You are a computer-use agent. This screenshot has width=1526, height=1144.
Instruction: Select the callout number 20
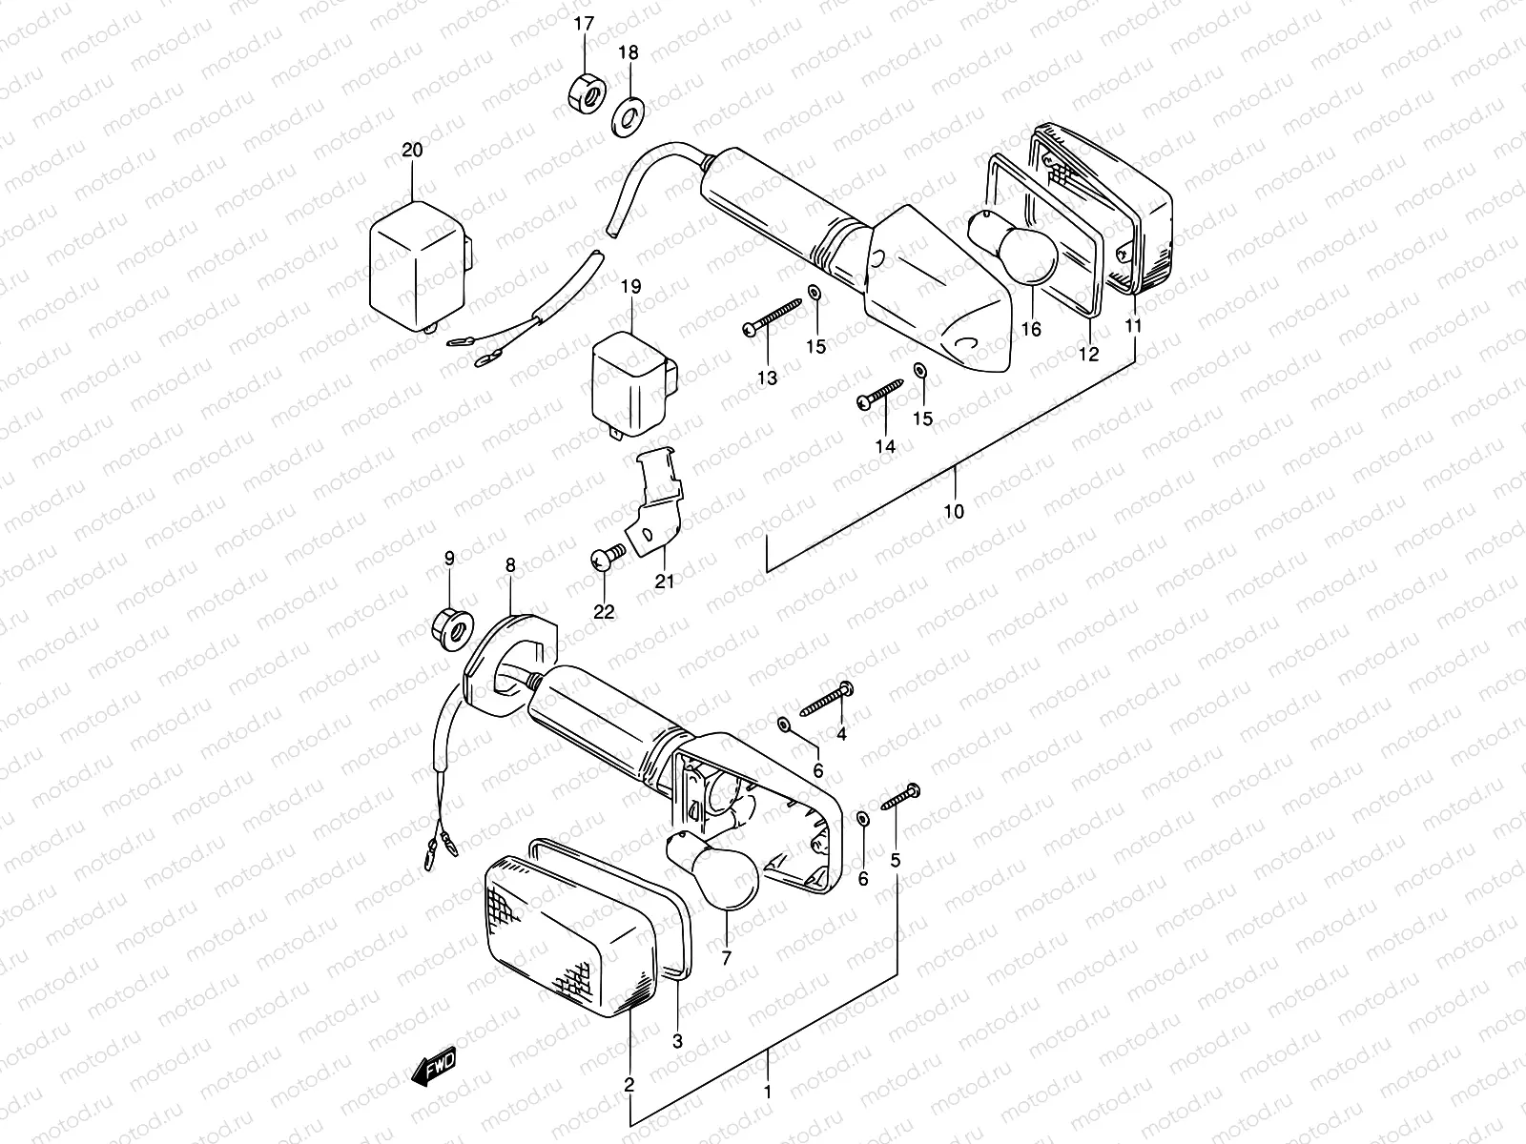point(411,150)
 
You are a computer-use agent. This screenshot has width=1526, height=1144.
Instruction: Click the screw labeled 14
point(881,394)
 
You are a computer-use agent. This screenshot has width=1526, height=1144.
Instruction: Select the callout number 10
point(954,511)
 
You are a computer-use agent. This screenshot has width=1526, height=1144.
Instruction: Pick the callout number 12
point(1088,354)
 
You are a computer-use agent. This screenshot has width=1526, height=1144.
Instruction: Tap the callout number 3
point(677,1042)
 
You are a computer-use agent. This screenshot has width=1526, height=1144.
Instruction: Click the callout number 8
point(510,565)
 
